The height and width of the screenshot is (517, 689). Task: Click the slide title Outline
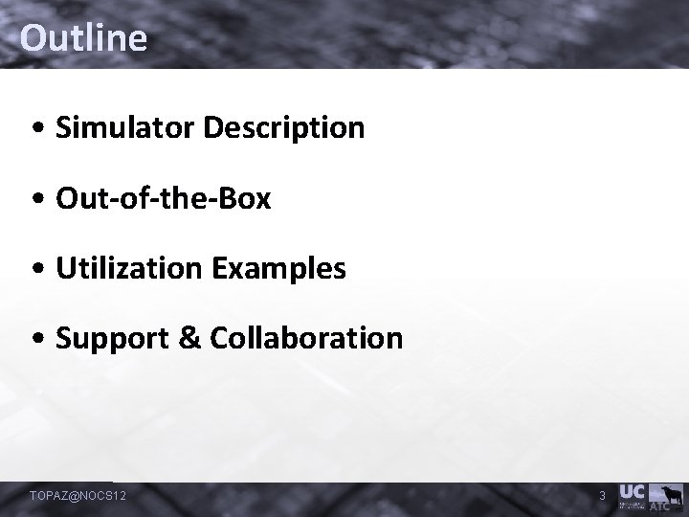[83, 38]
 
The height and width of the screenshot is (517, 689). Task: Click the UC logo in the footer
[633, 491]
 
